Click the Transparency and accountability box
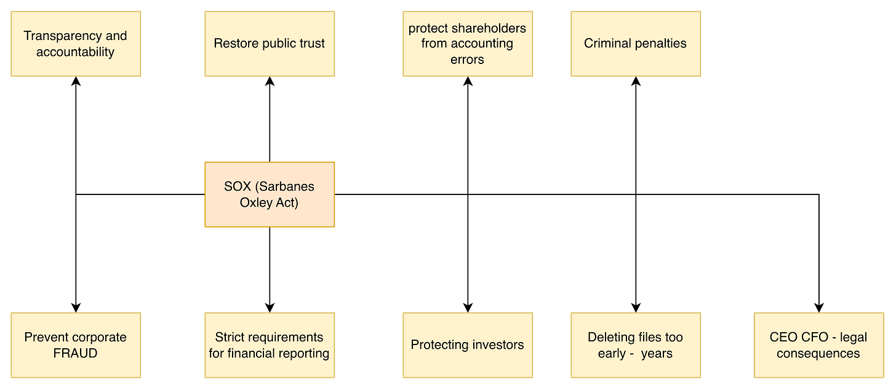pos(75,44)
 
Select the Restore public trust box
pos(270,44)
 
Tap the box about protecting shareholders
pos(468,44)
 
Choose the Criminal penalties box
pos(635,44)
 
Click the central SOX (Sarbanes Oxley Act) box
pos(270,194)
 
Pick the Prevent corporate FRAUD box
pos(75,345)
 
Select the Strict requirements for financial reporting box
pos(270,345)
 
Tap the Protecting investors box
pos(468,345)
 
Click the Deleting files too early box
pos(635,345)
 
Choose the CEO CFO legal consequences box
pos(818,345)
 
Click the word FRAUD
pos(75,353)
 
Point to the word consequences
pos(818,354)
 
